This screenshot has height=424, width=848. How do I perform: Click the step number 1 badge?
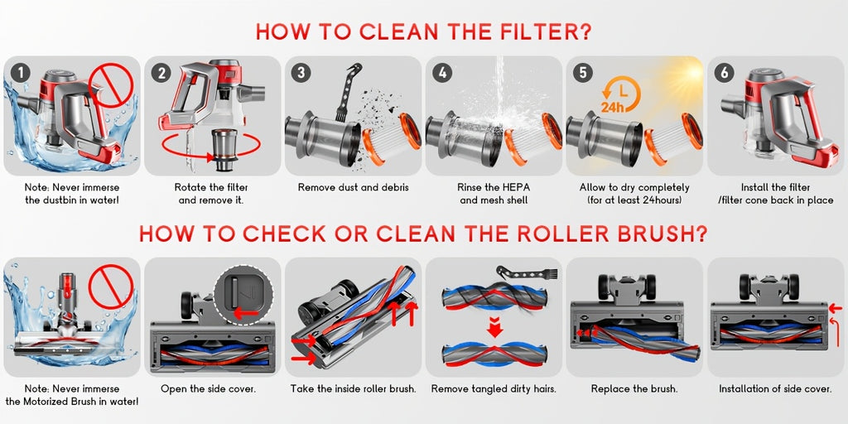pyautogui.click(x=20, y=73)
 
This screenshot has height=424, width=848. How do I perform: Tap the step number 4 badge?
pyautogui.click(x=442, y=73)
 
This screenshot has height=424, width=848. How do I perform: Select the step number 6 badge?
pyautogui.click(x=724, y=73)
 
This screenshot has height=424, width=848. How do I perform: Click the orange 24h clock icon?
pyautogui.click(x=619, y=94)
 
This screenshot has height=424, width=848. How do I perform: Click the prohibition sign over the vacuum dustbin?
pyautogui.click(x=111, y=85)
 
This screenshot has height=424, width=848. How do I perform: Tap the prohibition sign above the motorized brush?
pyautogui.click(x=111, y=286)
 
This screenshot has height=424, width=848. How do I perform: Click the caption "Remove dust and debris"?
pyautogui.click(x=353, y=188)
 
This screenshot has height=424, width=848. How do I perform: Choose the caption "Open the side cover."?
pyautogui.click(x=208, y=389)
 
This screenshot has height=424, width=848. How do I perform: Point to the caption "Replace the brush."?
pyautogui.click(x=634, y=389)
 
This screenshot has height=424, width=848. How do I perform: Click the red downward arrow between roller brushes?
pyautogui.click(x=494, y=327)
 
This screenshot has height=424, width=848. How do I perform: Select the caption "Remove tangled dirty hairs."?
pyautogui.click(x=494, y=389)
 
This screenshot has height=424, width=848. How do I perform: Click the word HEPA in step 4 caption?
pyautogui.click(x=516, y=188)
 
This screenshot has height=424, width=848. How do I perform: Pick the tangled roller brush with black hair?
pyautogui.click(x=494, y=296)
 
